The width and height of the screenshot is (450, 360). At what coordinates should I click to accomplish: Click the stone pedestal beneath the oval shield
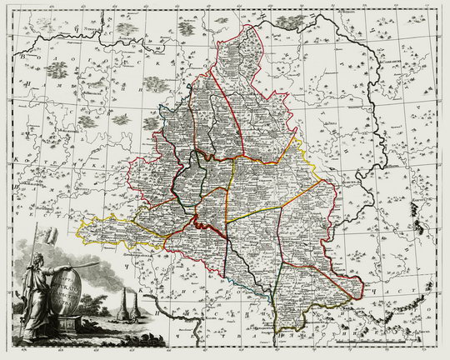[x=67, y=327]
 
